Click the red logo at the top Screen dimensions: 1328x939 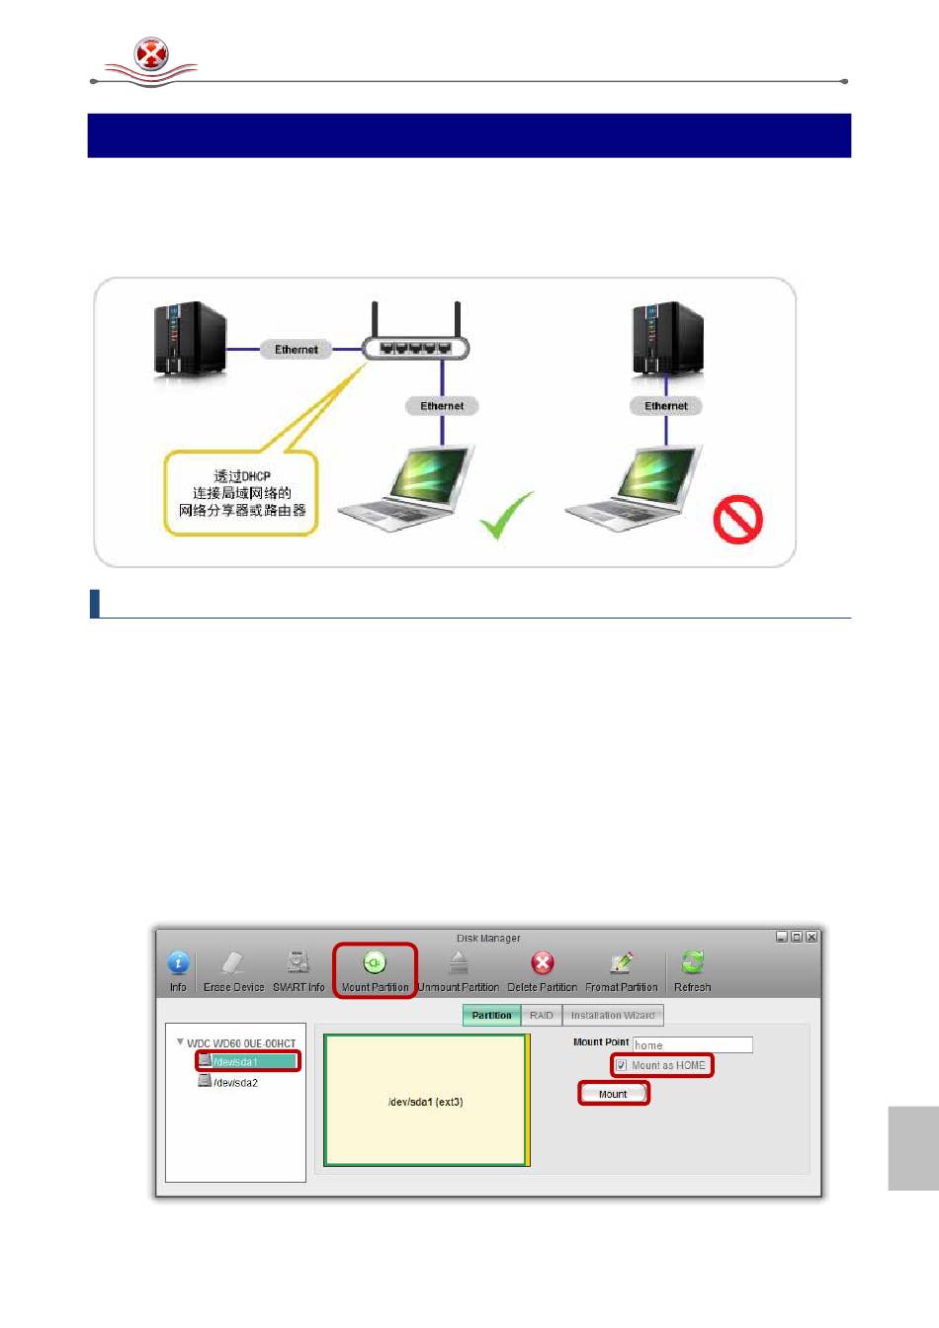pos(151,55)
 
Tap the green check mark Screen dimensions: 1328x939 pos(508,514)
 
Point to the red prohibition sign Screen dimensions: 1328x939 pos(737,520)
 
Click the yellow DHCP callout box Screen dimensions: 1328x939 pos(241,493)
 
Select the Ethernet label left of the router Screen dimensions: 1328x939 pos(296,349)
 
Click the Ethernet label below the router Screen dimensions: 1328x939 pos(442,405)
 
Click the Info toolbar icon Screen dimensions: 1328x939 pos(178,963)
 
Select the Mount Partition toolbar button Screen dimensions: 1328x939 pos(375,969)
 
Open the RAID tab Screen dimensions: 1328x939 pos(542,1015)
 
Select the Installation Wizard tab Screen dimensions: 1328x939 pos(613,1015)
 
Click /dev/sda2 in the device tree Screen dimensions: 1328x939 pos(235,1082)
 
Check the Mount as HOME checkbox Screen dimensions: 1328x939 pos(622,1065)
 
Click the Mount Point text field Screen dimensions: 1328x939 pos(692,1044)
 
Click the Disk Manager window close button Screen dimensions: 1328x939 pos(811,937)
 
